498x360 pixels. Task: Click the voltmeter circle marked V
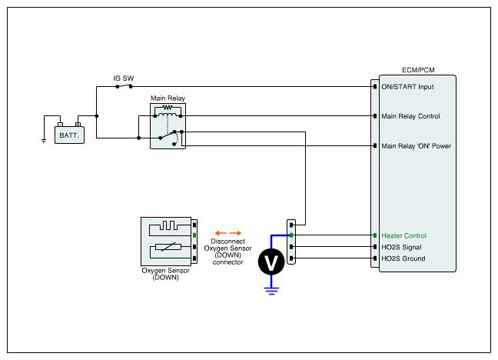[x=271, y=262]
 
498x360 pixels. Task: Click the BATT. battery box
[x=69, y=135]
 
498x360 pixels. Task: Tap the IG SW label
[x=124, y=78]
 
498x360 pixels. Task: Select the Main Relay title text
[x=168, y=98]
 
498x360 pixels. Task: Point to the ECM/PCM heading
[x=418, y=70]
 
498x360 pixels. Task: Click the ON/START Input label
[x=407, y=87]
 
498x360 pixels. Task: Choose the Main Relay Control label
[x=410, y=116]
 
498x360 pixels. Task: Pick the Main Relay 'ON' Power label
[x=416, y=146]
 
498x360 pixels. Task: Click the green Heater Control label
[x=403, y=235]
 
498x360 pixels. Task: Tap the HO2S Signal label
[x=401, y=247]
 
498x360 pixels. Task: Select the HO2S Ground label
[x=403, y=258]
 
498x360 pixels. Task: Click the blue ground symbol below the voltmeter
[x=271, y=291]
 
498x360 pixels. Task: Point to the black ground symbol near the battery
[x=44, y=141]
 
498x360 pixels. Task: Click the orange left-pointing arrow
[x=221, y=233]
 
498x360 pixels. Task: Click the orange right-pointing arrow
[x=235, y=233]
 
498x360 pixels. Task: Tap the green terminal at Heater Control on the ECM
[x=375, y=235]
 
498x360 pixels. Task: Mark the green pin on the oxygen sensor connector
[x=194, y=235]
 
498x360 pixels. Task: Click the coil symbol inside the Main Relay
[x=168, y=115]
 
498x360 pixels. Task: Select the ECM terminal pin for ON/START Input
[x=375, y=86]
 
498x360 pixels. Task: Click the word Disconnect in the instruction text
[x=227, y=242]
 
